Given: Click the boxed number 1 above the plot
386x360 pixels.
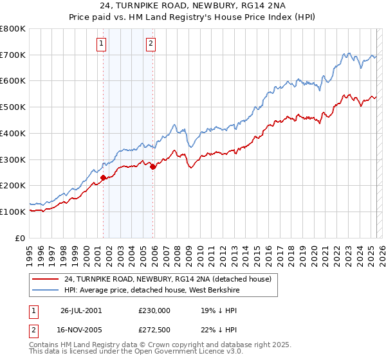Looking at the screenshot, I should click(102, 44).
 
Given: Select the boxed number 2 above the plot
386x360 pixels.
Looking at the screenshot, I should click(151, 44).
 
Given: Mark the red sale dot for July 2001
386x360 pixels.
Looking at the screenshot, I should click(104, 177).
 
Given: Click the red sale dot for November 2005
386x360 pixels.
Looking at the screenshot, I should click(152, 166).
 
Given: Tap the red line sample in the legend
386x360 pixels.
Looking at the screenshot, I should click(45, 279).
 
